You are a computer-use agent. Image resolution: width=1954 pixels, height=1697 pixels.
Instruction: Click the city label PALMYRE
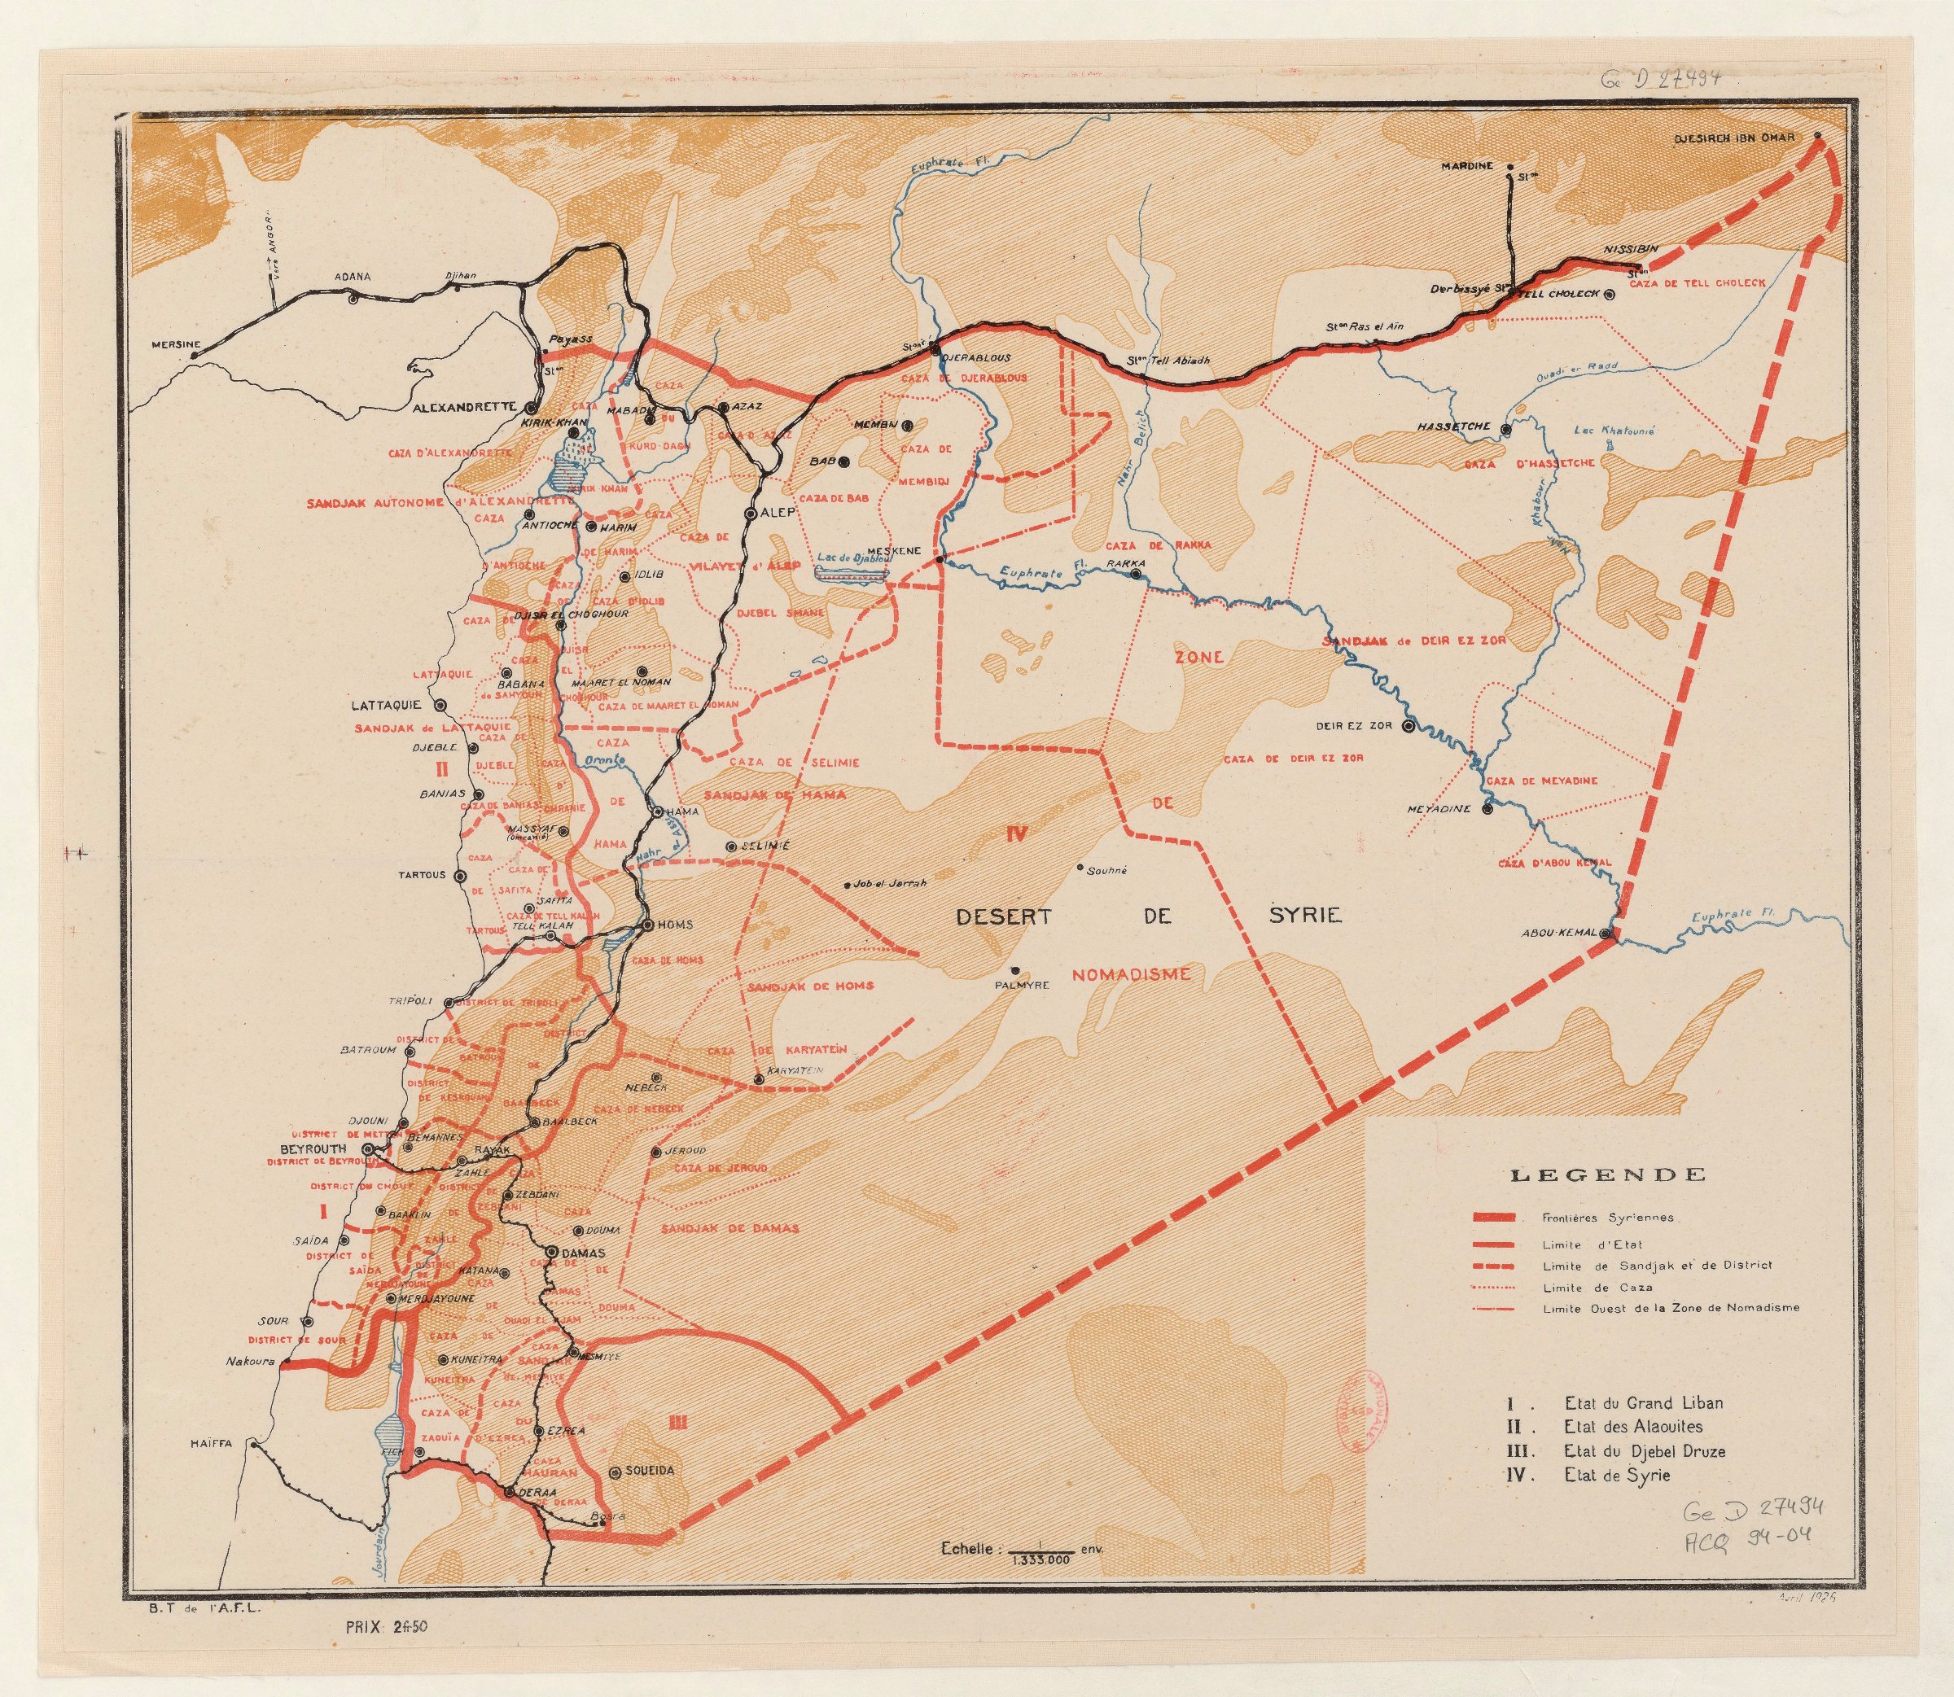click(x=1020, y=985)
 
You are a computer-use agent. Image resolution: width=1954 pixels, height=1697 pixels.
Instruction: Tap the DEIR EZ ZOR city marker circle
click(x=1409, y=728)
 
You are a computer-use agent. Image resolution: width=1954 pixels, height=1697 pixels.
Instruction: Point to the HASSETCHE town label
click(x=1454, y=427)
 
